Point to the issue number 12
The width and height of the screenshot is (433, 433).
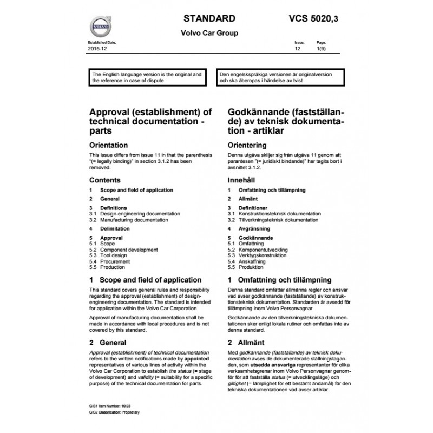pyautogui.click(x=297, y=49)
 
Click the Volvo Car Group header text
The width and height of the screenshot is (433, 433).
pyautogui.click(x=209, y=33)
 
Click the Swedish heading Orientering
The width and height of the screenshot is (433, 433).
pyautogui.click(x=247, y=145)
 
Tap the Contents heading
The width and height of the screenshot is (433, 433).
pyautogui.click(x=104, y=180)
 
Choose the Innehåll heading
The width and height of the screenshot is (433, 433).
pyautogui.click(x=242, y=180)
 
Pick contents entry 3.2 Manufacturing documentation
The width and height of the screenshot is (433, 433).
pyautogui.click(x=130, y=220)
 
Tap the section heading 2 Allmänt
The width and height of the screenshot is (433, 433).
pyautogui.click(x=247, y=343)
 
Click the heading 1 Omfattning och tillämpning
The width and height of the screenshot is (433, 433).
pyautogui.click(x=280, y=280)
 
